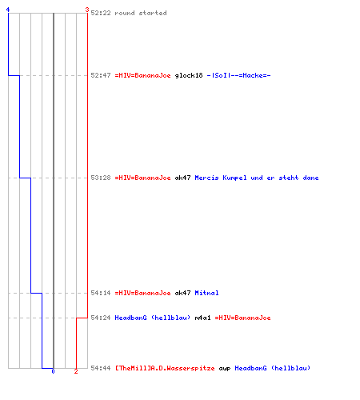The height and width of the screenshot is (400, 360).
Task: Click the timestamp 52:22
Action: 101,13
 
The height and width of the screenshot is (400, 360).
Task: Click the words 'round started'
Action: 141,13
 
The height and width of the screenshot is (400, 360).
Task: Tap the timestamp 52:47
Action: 101,75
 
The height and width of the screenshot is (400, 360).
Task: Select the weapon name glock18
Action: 189,75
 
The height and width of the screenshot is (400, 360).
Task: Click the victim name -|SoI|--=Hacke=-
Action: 238,75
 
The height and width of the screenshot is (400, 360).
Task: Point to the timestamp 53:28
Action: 101,178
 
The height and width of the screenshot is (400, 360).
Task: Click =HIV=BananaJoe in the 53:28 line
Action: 142,178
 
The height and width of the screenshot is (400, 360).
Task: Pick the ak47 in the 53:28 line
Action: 182,178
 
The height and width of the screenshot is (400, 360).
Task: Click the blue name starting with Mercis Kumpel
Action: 257,178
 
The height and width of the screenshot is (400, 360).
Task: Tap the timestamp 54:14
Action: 101,293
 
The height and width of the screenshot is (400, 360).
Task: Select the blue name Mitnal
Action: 206,293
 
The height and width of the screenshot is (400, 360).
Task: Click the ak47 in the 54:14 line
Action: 182,293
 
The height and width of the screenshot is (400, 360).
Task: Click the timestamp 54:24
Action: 101,318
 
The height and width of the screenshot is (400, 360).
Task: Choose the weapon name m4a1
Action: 202,318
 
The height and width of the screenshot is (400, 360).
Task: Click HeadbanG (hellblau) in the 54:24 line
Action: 153,318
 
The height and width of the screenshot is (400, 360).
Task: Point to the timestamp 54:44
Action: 101,368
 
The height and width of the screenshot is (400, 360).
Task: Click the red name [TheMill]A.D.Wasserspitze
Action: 165,368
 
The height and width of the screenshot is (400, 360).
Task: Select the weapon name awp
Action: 225,369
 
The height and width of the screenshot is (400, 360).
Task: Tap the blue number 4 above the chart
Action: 8,10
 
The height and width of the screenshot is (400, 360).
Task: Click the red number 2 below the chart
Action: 76,371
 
